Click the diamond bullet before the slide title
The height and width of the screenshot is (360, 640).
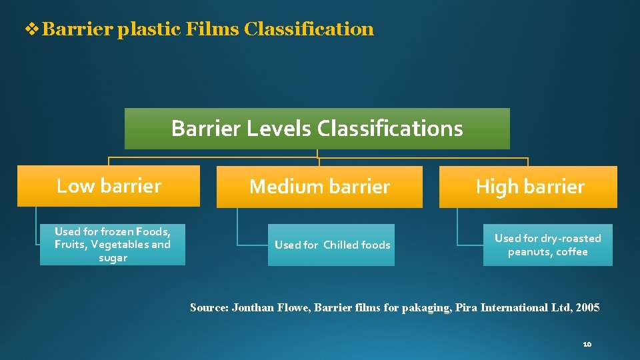click(31, 29)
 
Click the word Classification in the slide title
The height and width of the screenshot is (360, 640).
click(309, 29)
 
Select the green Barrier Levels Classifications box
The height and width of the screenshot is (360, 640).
click(317, 128)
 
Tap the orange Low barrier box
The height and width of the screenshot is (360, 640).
click(109, 186)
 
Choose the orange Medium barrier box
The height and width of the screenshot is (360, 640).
click(319, 187)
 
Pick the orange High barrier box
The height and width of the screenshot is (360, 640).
click(529, 187)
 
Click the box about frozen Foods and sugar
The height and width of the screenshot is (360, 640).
click(113, 245)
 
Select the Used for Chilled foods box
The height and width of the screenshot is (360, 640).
click(331, 245)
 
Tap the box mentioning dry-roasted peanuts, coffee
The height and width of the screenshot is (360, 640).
click(547, 245)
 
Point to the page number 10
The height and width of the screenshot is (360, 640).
click(587, 344)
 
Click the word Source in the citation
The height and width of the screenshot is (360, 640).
click(208, 307)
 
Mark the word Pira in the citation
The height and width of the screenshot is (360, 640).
click(465, 307)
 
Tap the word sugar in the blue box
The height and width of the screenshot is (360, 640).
click(113, 258)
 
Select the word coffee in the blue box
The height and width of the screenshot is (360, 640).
click(572, 252)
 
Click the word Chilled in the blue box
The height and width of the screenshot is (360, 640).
click(341, 245)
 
